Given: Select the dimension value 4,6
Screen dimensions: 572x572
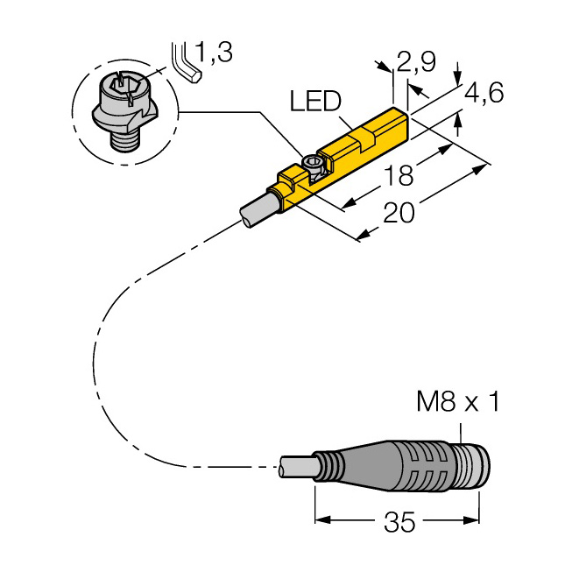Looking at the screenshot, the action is click(484, 92).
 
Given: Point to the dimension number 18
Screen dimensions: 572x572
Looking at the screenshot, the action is click(399, 174).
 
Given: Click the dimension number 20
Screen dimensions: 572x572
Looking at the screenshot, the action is click(399, 213).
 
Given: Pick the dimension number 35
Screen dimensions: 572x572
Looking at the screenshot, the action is click(399, 522).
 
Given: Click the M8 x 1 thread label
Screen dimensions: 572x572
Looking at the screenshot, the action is click(458, 402).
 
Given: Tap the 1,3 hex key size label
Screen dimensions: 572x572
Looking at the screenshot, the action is click(214, 52).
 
